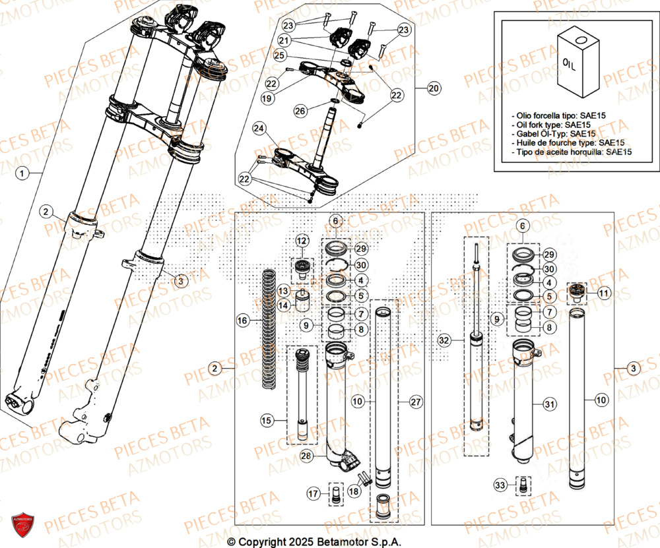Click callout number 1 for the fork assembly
pos(22,174)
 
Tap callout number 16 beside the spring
pos(243,320)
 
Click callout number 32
pos(444,340)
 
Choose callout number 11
pos(604,292)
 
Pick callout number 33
pos(502,485)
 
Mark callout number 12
pos(302,240)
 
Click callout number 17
pos(313,492)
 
